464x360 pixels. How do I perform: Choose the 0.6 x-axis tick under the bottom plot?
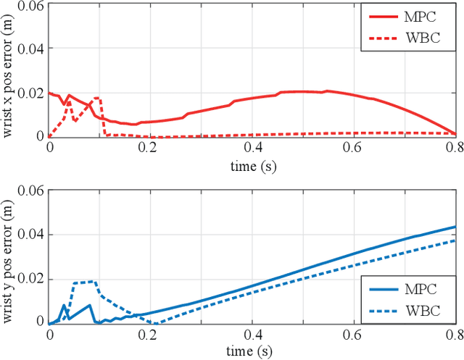[x=355, y=335]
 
